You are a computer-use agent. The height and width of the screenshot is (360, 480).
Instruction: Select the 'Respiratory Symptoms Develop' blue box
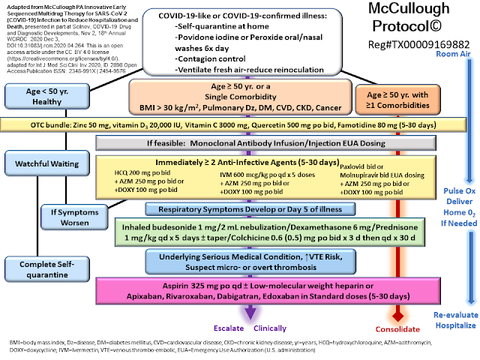(239, 209)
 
